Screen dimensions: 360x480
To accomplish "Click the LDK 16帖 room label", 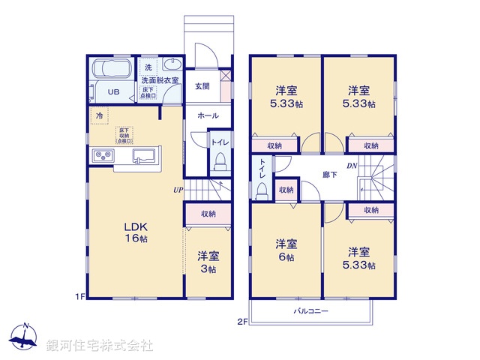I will pyautogui.click(x=135, y=232).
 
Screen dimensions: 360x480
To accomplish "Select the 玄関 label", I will pyautogui.click(x=202, y=86).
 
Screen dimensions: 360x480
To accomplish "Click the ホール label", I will pyautogui.click(x=208, y=115).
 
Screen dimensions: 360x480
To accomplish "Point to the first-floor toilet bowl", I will pyautogui.click(x=220, y=162).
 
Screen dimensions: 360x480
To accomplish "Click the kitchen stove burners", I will pyautogui.click(x=102, y=156).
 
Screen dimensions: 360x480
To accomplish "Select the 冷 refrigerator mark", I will pyautogui.click(x=100, y=115).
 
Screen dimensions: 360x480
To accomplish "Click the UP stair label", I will pyautogui.click(x=178, y=190).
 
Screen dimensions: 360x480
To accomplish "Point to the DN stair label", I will pyautogui.click(x=351, y=166).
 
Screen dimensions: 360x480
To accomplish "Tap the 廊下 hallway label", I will pyautogui.click(x=330, y=174).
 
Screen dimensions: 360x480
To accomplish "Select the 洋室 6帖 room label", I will pyautogui.click(x=284, y=250).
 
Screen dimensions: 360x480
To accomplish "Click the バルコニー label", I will pyautogui.click(x=310, y=310).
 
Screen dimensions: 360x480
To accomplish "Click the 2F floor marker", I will pyautogui.click(x=241, y=322).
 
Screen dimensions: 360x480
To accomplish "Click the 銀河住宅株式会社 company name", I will pyautogui.click(x=100, y=346).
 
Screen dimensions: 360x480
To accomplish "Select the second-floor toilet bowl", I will pyautogui.click(x=261, y=190).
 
